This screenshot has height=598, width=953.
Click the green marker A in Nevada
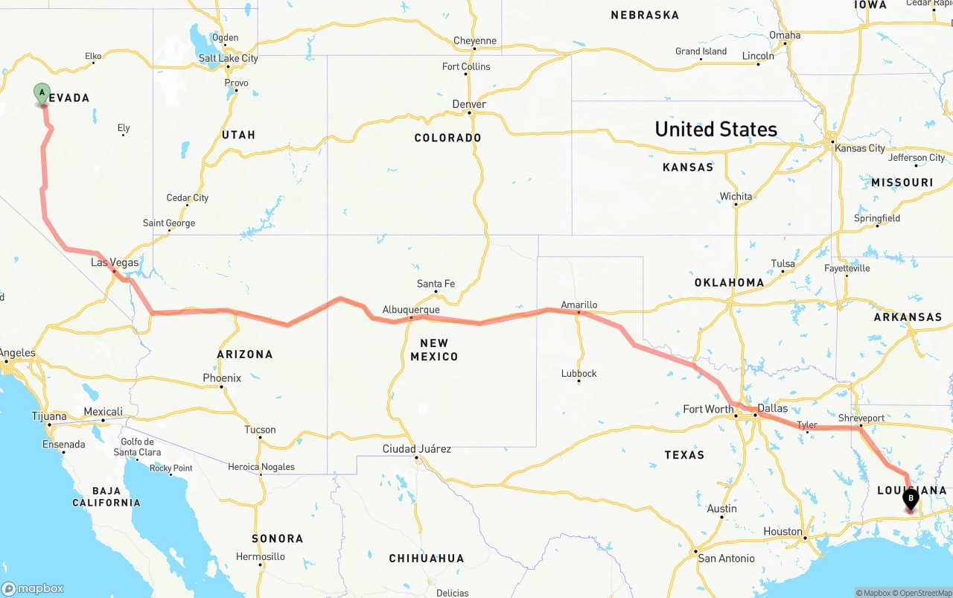(42, 94)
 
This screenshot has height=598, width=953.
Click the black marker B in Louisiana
(910, 497)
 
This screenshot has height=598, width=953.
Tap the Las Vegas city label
(115, 263)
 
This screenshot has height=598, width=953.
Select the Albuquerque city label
(411, 310)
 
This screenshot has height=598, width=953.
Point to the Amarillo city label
(579, 305)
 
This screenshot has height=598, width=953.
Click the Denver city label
(469, 104)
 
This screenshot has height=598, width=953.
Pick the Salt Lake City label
(228, 58)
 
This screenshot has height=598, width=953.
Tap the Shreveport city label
(861, 418)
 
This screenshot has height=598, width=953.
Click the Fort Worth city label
(708, 409)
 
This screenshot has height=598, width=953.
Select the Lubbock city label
(579, 373)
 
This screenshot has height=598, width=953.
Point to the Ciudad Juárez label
(417, 448)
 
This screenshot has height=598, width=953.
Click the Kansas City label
(860, 148)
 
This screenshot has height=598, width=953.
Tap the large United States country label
(715, 129)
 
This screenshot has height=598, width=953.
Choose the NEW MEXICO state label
(434, 350)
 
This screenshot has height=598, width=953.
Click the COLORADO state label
(447, 138)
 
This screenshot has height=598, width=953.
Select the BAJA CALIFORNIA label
(106, 497)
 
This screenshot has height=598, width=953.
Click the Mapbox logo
(33, 588)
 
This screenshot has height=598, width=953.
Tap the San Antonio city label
(726, 558)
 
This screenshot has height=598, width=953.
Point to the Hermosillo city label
(261, 556)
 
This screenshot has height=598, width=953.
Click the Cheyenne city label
(474, 41)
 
